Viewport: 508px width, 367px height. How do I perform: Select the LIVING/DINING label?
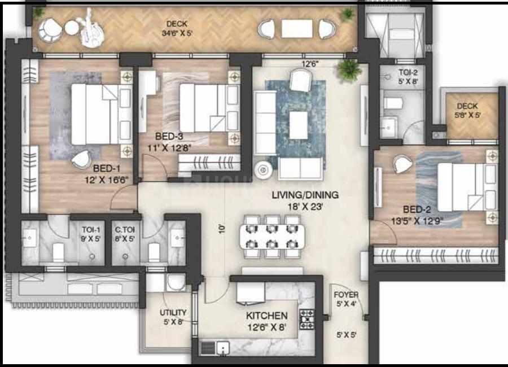305,195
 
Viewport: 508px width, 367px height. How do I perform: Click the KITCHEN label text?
266,316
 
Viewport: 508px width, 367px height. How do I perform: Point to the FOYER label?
345,295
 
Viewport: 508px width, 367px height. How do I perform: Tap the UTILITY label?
173,312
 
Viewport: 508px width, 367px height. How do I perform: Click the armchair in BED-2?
403,164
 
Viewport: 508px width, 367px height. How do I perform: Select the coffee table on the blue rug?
299,124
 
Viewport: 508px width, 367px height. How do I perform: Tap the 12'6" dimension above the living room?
310,64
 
